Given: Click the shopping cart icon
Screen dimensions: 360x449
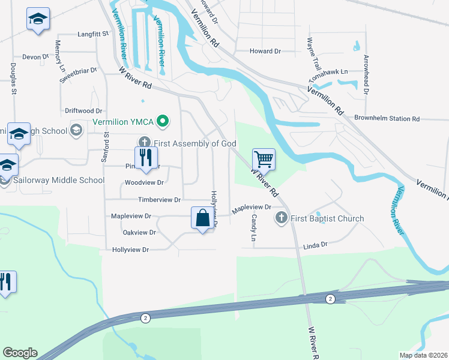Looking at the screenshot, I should tap(264, 160).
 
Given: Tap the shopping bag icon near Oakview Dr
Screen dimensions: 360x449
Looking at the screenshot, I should tap(203, 218).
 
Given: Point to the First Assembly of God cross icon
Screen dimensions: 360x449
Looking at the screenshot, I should tap(144, 143).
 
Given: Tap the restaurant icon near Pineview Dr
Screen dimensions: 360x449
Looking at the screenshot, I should tap(146, 158).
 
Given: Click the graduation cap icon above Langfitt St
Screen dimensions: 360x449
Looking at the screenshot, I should tap(38, 19).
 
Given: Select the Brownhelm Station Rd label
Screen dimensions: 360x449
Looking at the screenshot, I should tap(387, 119).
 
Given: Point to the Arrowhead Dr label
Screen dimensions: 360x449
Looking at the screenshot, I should tap(366, 75).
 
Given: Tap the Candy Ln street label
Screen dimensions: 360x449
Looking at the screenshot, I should tap(254, 228).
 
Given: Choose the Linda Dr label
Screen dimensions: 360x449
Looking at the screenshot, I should tap(315, 245).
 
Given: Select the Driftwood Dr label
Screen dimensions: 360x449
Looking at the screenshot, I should tap(83, 111).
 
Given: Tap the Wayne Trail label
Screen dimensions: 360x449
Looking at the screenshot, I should tap(310, 54).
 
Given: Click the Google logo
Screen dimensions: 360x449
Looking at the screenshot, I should tap(20, 353).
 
